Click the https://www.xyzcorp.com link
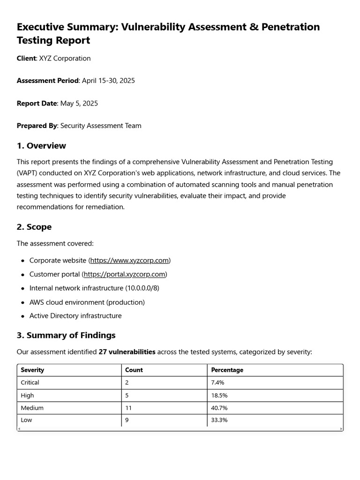click(x=129, y=260)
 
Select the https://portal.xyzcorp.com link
click(x=124, y=274)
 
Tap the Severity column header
click(x=32, y=370)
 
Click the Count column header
click(x=134, y=370)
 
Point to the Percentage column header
click(x=227, y=370)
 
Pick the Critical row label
click(x=30, y=382)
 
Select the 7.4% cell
click(x=218, y=382)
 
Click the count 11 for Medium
click(x=128, y=408)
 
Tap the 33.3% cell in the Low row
click(x=219, y=420)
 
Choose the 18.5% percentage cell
click(x=219, y=395)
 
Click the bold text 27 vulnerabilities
click(x=127, y=352)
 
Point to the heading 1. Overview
click(x=41, y=146)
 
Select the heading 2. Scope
click(x=34, y=227)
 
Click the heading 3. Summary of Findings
click(x=66, y=335)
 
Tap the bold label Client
click(x=26, y=59)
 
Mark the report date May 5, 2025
click(x=79, y=103)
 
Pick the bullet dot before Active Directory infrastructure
click(x=22, y=316)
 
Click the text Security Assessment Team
click(x=101, y=126)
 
